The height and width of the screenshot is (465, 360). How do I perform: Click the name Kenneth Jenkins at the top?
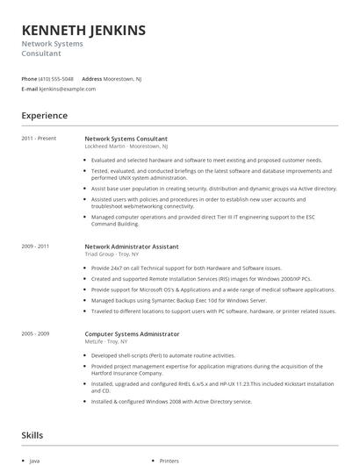[83, 31]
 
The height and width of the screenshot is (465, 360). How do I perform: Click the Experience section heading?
[44, 115]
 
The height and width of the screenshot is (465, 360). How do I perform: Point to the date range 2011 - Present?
[39, 139]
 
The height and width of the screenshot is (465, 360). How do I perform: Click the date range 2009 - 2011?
[35, 247]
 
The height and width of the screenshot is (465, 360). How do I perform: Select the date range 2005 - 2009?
[35, 333]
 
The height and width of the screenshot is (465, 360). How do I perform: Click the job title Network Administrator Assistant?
[131, 247]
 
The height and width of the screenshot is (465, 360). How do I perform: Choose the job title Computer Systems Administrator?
[132, 333]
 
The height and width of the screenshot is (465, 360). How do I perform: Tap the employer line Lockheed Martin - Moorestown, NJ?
[126, 147]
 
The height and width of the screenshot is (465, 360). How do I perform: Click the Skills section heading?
[32, 434]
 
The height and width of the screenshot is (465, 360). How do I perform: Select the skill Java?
[34, 460]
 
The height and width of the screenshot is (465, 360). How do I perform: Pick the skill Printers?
[169, 460]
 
